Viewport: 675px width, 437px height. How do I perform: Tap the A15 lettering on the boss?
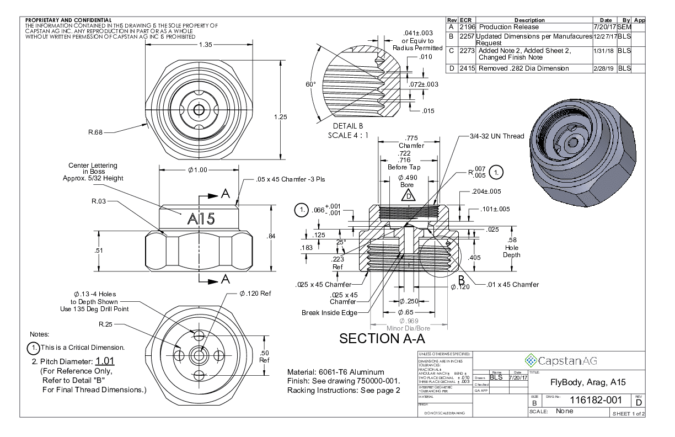[201, 219]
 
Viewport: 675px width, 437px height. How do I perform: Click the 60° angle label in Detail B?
[310, 84]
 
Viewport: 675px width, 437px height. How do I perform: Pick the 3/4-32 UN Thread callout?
[496, 136]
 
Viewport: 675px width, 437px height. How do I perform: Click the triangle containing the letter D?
[408, 195]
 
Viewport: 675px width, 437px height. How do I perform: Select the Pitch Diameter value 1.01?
[105, 361]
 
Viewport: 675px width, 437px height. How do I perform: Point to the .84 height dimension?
[271, 236]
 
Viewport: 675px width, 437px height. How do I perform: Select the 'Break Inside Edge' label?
[329, 313]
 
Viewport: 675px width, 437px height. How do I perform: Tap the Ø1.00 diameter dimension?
[197, 169]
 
